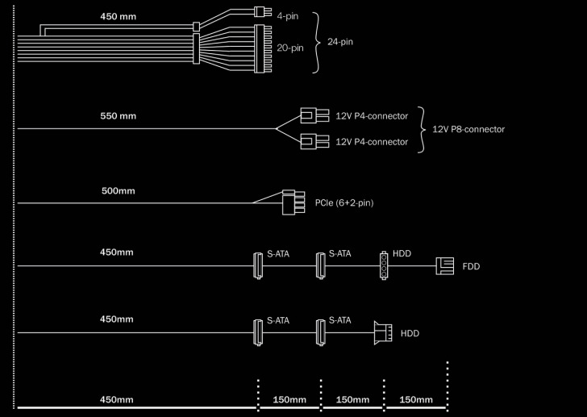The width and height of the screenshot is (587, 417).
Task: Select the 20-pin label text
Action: [x=289, y=48]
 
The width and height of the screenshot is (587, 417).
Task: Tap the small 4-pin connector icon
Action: [x=259, y=12]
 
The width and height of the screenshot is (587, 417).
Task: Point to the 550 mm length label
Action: [x=118, y=116]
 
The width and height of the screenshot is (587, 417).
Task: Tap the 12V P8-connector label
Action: [x=468, y=129]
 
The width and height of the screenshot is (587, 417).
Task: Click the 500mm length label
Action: [x=118, y=191]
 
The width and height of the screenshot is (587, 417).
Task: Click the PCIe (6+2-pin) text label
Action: [x=344, y=203]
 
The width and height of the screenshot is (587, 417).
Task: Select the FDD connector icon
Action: [x=445, y=265]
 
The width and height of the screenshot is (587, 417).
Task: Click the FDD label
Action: [x=471, y=265]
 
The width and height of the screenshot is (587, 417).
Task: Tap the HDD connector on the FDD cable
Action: [x=384, y=264]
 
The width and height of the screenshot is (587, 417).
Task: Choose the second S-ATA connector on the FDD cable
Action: [x=320, y=264]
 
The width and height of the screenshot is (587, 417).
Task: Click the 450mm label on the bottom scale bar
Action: [x=116, y=399]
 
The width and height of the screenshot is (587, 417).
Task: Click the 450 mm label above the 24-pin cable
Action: [x=119, y=16]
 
